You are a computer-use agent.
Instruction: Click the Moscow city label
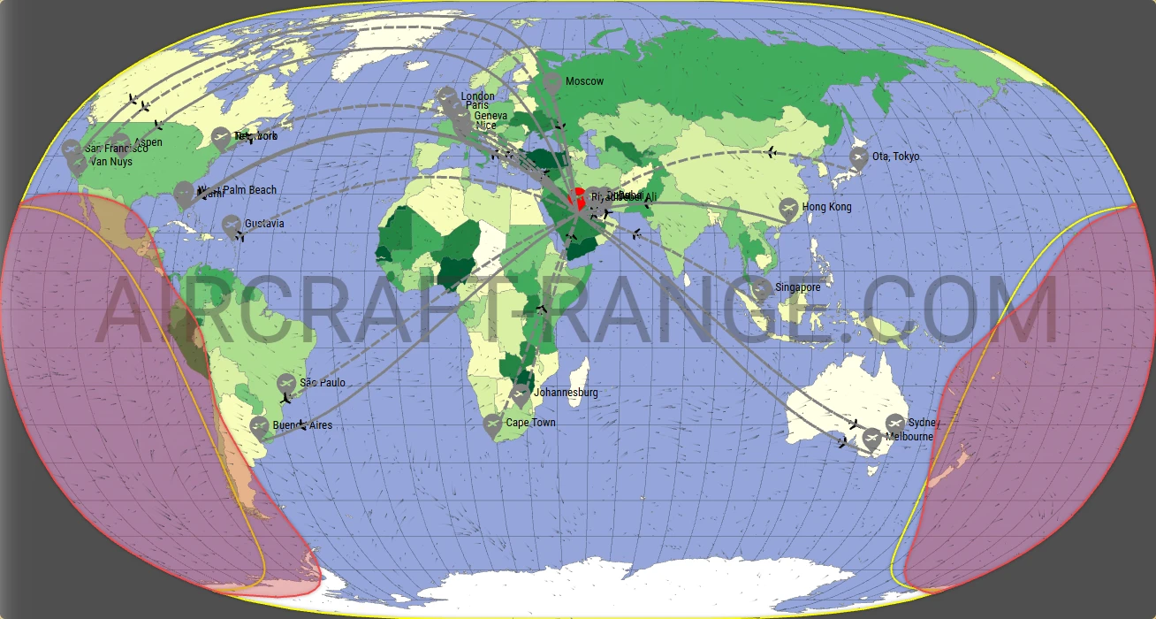pos(584,81)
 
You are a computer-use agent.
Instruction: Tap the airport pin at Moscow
pos(552,83)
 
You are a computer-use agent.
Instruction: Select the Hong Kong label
pos(826,207)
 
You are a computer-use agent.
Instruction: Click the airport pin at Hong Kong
pos(789,209)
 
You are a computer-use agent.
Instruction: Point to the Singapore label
pos(797,287)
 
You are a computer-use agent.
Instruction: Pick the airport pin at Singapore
pos(762,288)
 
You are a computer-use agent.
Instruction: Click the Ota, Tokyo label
pos(895,157)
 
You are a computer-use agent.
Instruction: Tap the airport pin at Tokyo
pos(858,157)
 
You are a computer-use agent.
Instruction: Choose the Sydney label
pos(924,424)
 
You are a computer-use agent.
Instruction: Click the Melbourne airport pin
pos(871,438)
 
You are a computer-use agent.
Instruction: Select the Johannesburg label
pos(566,393)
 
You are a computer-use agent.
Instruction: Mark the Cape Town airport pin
pos(493,424)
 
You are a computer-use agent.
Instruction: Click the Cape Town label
pos(530,423)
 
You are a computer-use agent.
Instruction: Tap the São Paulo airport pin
pos(285,384)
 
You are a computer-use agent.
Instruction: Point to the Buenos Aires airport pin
pos(259,426)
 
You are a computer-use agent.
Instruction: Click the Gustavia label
pos(264,224)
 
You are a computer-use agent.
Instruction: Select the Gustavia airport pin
pos(232,225)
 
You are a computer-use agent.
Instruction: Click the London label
pos(477,96)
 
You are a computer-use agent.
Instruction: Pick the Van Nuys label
pos(111,162)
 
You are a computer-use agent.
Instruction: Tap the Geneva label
pos(491,116)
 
